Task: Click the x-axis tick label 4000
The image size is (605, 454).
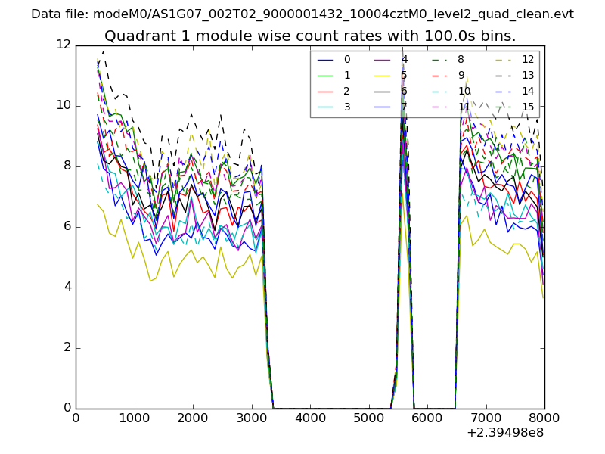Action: click(x=310, y=418)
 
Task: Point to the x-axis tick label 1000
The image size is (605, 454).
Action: click(x=134, y=418)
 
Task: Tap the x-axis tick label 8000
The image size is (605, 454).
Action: click(x=544, y=418)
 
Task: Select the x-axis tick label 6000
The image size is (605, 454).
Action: click(x=427, y=418)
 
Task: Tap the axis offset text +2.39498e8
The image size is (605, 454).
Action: click(x=506, y=433)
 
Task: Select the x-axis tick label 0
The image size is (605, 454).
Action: click(x=76, y=418)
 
